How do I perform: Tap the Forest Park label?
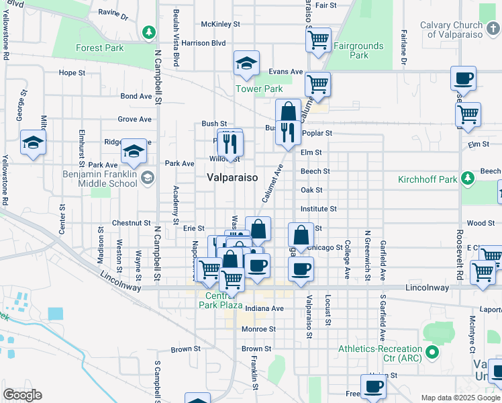(x=99, y=48)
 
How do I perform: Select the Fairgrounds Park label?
(x=358, y=51)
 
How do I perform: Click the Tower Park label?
(x=258, y=89)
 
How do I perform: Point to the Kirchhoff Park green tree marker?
(x=468, y=177)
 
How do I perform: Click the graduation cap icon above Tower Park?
(x=246, y=64)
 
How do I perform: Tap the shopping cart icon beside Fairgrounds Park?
(x=318, y=39)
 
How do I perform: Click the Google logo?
(x=22, y=395)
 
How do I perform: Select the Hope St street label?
(x=72, y=73)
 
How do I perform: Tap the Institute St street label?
(x=318, y=209)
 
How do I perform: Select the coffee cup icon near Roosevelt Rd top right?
(x=463, y=79)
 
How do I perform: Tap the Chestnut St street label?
(x=132, y=223)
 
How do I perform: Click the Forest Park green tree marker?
(x=148, y=31)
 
